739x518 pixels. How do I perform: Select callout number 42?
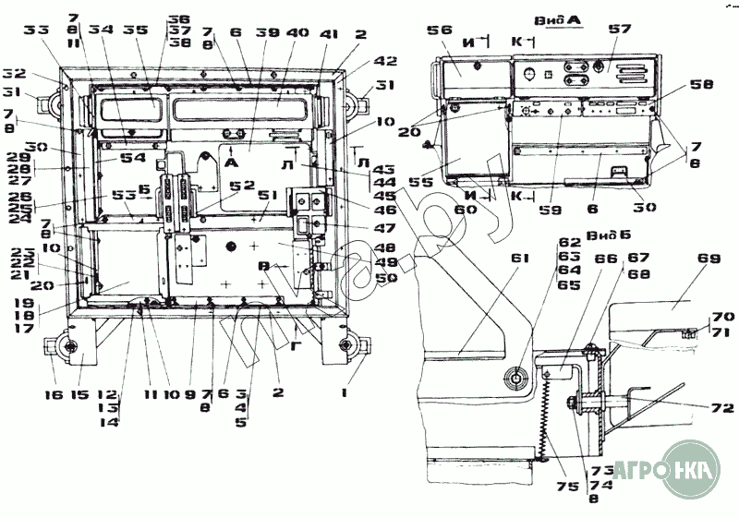pyautogui.click(x=361, y=61)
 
